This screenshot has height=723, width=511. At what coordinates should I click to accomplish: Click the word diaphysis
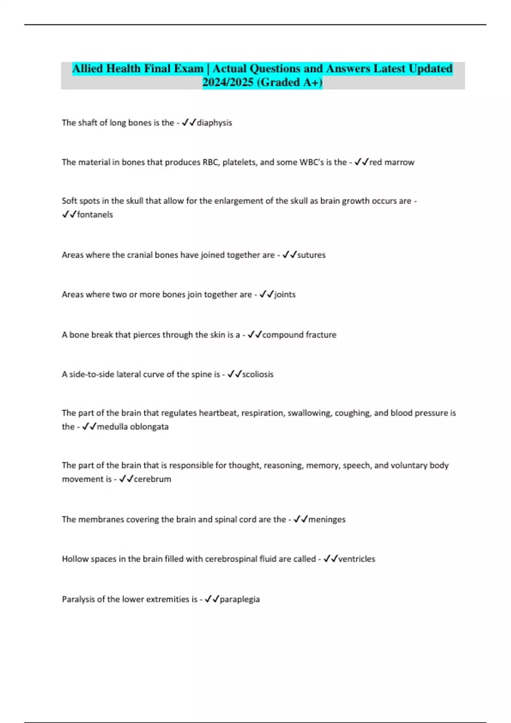tap(214, 123)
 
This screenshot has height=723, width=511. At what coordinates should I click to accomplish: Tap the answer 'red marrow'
tap(392, 162)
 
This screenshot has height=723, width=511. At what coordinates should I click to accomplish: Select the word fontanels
tap(95, 215)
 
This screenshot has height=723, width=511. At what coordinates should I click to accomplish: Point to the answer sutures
tap(311, 255)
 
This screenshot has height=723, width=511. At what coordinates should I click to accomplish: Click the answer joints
tap(285, 294)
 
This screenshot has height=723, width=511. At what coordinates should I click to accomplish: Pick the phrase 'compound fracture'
tap(299, 335)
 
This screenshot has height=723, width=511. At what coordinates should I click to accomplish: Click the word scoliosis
tap(258, 374)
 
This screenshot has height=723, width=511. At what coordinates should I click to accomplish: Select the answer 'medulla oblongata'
tap(133, 427)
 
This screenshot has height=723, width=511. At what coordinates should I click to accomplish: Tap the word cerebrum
tap(152, 479)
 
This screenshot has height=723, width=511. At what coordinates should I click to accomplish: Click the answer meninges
tap(327, 519)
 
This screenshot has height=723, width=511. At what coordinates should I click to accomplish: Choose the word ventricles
tap(356, 559)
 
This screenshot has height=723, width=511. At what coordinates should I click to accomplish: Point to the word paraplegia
tap(240, 599)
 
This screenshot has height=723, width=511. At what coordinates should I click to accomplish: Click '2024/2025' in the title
tap(228, 82)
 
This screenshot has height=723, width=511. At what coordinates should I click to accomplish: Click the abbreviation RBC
tap(210, 162)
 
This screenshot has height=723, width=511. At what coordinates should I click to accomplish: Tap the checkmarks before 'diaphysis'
tap(189, 123)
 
